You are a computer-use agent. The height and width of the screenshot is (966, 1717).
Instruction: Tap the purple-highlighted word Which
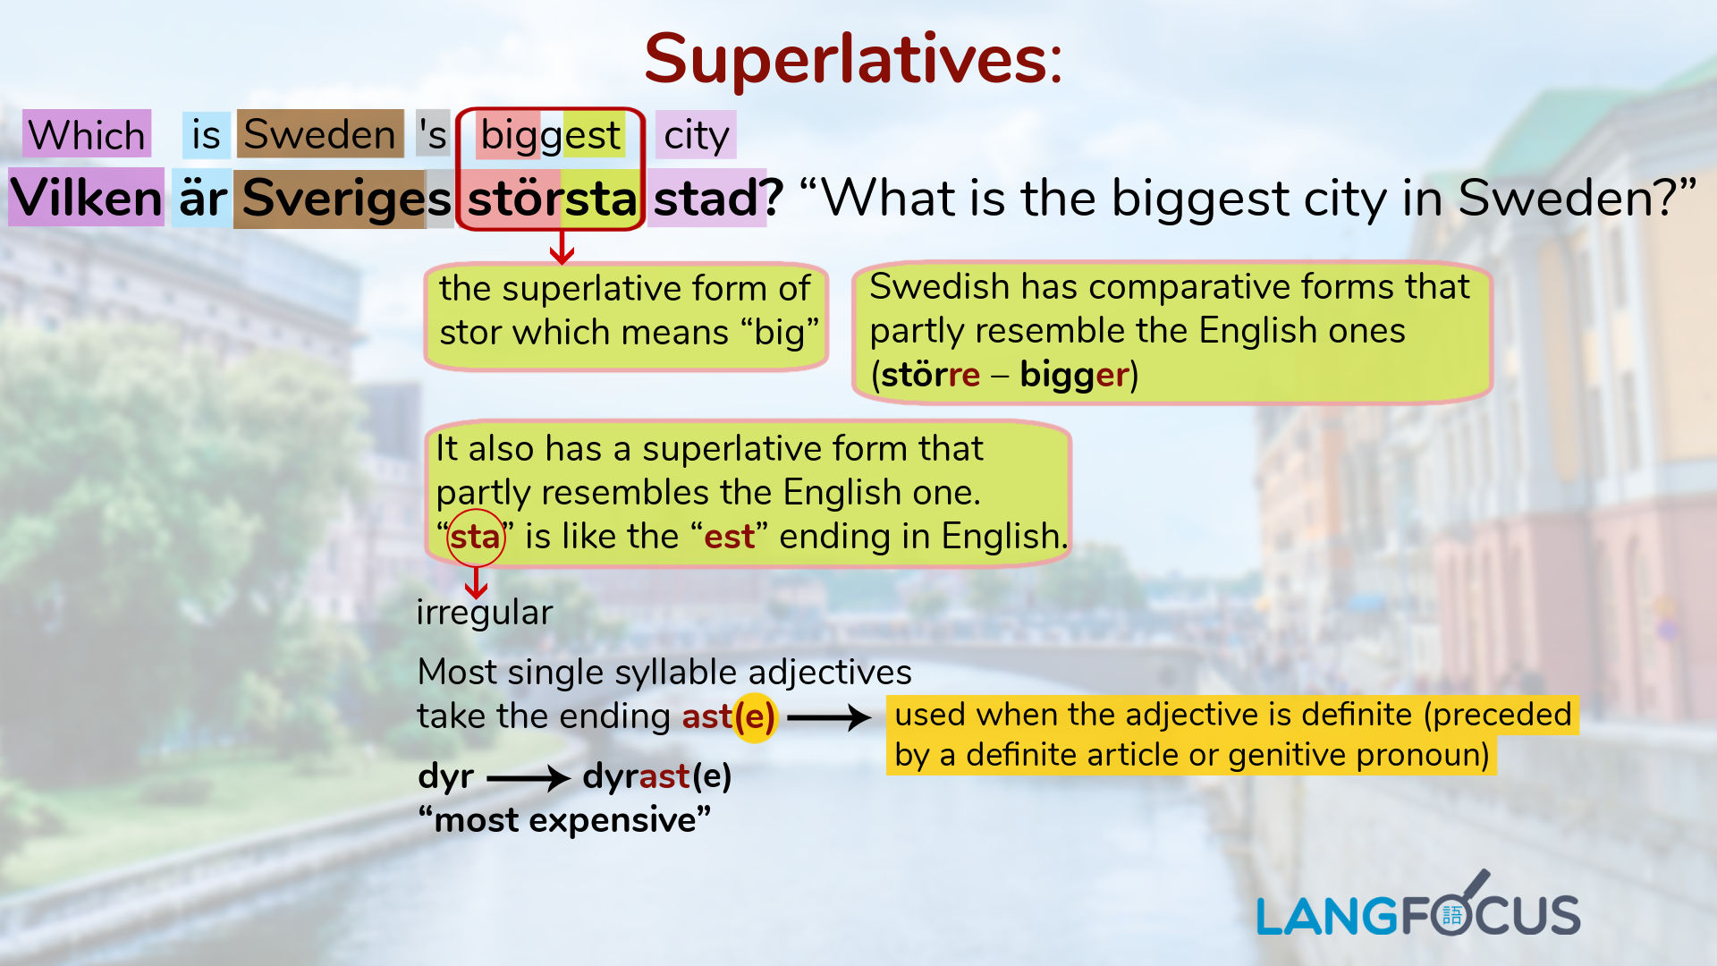[87, 135]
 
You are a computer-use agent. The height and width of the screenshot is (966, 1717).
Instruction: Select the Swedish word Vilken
[86, 198]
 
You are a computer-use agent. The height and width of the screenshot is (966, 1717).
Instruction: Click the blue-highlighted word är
[202, 198]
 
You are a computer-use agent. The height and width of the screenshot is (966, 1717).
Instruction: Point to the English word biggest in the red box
[550, 135]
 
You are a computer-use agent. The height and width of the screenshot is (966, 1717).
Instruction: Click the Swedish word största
[552, 198]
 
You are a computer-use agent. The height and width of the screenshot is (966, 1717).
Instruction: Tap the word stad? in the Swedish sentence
[717, 198]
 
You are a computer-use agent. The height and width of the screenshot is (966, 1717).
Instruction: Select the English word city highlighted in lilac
[696, 135]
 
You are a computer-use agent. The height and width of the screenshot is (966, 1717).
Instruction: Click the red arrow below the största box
[562, 248]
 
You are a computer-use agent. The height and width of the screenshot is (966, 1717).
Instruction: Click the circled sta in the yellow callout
[475, 537]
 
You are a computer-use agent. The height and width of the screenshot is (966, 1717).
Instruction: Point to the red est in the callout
[729, 537]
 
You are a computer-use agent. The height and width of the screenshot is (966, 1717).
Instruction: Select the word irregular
[484, 613]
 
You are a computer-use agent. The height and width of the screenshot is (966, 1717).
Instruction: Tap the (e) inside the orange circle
[754, 716]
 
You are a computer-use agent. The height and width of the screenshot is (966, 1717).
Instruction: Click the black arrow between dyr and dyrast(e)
[528, 777]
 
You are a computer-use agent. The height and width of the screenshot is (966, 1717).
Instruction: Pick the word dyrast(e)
[656, 775]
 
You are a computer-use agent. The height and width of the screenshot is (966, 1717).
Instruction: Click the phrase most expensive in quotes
[564, 819]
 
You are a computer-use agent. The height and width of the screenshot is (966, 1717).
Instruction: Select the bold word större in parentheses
[930, 374]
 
